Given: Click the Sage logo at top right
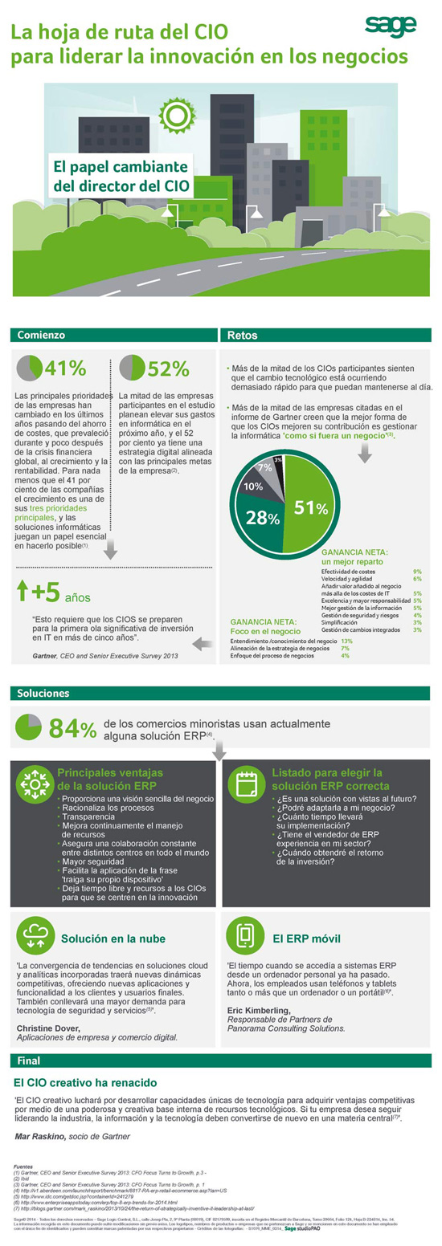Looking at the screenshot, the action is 391,25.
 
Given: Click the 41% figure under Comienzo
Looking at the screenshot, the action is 65,368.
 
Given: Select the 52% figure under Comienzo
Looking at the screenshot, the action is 168,368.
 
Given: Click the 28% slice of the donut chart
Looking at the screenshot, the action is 263,518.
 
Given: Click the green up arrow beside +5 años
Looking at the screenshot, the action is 23,592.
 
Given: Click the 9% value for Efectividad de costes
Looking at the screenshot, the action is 417,571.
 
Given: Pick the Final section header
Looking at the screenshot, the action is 28,1059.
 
